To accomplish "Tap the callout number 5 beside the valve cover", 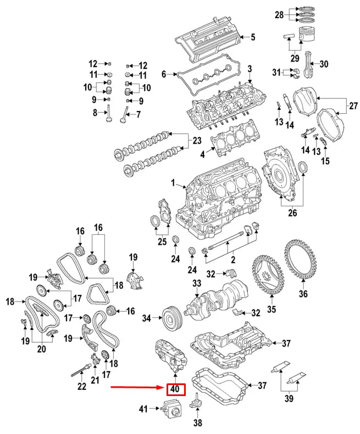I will (x=253, y=37).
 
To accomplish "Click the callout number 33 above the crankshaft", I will (x=197, y=284).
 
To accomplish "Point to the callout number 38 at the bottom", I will (x=197, y=424).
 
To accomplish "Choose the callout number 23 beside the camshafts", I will (x=197, y=140).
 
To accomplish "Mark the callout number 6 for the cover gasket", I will (x=163, y=74).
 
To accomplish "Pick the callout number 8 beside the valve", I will (x=95, y=112).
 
